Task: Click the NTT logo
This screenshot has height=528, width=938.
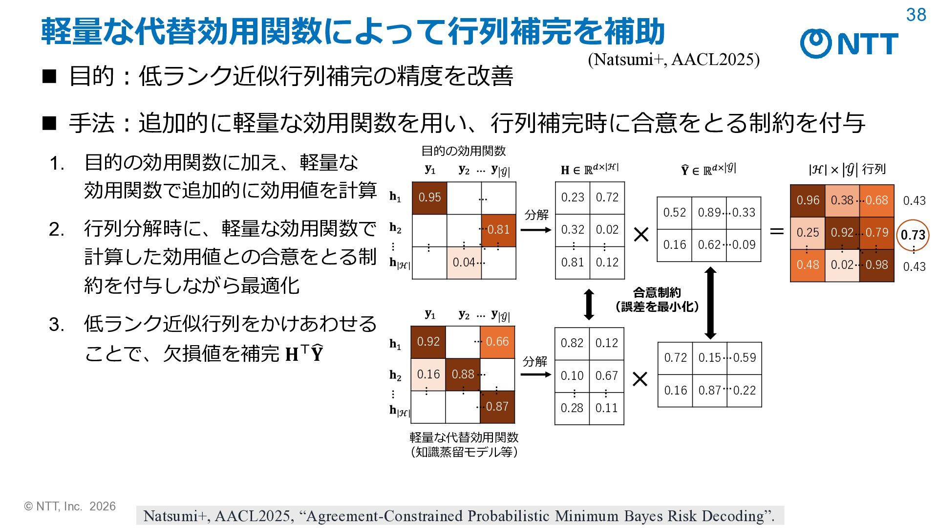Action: pyautogui.click(x=849, y=43)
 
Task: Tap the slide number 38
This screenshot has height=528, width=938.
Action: pyautogui.click(x=916, y=15)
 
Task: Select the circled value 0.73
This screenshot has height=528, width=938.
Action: pyautogui.click(x=913, y=235)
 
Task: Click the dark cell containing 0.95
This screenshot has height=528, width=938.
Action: pyautogui.click(x=429, y=198)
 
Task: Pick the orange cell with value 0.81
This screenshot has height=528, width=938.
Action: pyautogui.click(x=499, y=230)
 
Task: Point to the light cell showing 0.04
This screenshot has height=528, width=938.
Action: pyautogui.click(x=464, y=263)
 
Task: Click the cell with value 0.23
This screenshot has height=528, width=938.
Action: pyautogui.click(x=573, y=198)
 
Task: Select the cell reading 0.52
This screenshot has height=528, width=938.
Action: pyautogui.click(x=675, y=213)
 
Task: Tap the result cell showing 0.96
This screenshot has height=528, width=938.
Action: pyautogui.click(x=808, y=200)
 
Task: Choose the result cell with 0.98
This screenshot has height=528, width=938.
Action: pyautogui.click(x=877, y=265)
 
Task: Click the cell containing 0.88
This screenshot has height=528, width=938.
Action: pyautogui.click(x=463, y=374)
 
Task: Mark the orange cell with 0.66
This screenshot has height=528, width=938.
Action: pyautogui.click(x=497, y=342)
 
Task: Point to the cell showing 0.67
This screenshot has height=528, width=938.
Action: pyautogui.click(x=607, y=376)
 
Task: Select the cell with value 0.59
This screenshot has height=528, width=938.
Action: pyautogui.click(x=744, y=358)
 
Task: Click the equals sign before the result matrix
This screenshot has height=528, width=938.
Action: pyautogui.click(x=777, y=231)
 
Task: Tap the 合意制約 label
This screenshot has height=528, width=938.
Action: pyautogui.click(x=657, y=292)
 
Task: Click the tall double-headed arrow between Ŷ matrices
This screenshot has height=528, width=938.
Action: pyautogui.click(x=711, y=303)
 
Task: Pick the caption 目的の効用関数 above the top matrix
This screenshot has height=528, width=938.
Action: pyautogui.click(x=464, y=151)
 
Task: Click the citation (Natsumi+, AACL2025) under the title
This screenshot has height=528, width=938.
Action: pyautogui.click(x=674, y=60)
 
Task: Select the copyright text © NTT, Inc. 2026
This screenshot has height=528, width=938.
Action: pyautogui.click(x=70, y=506)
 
